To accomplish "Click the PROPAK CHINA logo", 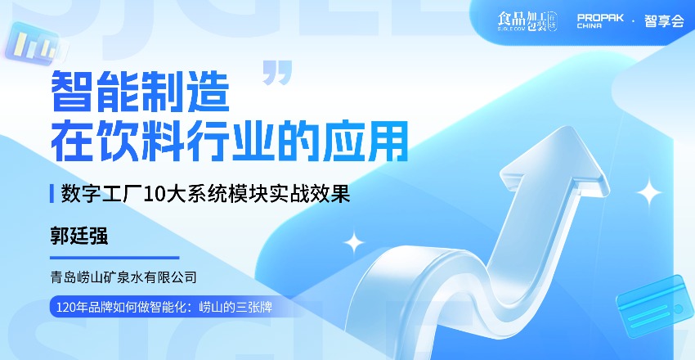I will pos(601,20).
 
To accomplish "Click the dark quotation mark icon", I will pos(278,72).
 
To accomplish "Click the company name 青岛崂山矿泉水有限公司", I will pos(124,277).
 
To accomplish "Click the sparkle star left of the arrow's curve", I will pos(354,241).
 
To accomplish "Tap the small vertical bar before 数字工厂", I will pos(52,195).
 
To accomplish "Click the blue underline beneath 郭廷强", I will pos(114,257).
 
